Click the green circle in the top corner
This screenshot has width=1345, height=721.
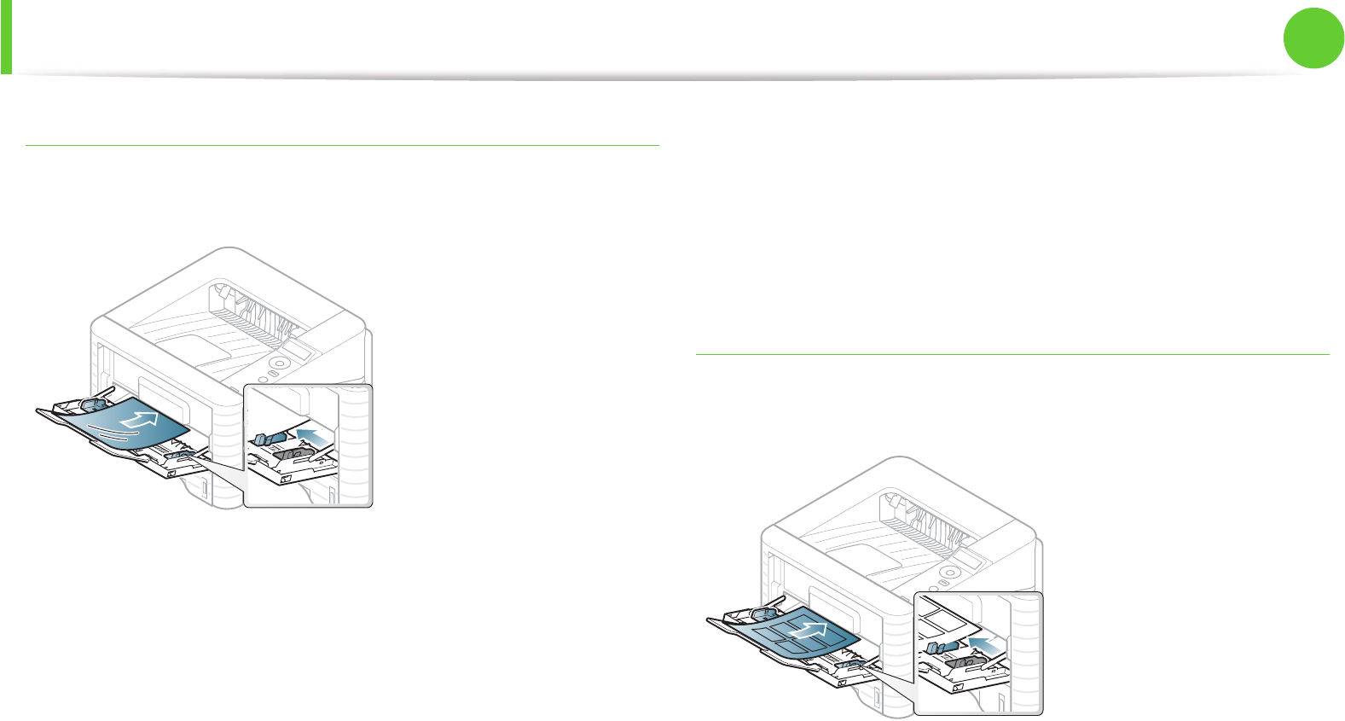tap(1314, 38)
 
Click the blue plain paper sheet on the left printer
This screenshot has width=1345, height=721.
tap(128, 427)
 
